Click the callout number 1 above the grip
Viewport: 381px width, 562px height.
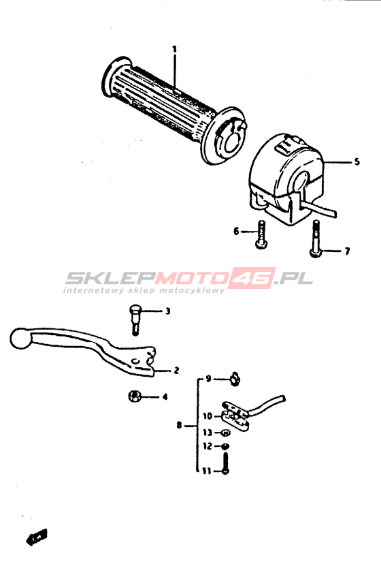coord(175,49)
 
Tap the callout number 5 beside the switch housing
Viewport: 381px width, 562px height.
coord(357,161)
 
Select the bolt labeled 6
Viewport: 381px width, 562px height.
coord(261,235)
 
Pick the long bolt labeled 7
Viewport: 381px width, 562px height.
coord(315,238)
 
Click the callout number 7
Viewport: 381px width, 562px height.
coord(347,251)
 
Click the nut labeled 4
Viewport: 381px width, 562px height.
coord(133,396)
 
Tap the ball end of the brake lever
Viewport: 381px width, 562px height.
coord(21,338)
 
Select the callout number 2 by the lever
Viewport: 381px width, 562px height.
coord(176,371)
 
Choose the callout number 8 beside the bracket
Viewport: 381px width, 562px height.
coord(179,426)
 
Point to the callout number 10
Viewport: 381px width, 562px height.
coord(208,416)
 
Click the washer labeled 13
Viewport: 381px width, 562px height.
coord(226,433)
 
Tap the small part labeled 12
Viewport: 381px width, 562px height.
coord(225,446)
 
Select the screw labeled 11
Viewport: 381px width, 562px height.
coord(225,464)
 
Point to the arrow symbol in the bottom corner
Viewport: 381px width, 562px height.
coord(37,537)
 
